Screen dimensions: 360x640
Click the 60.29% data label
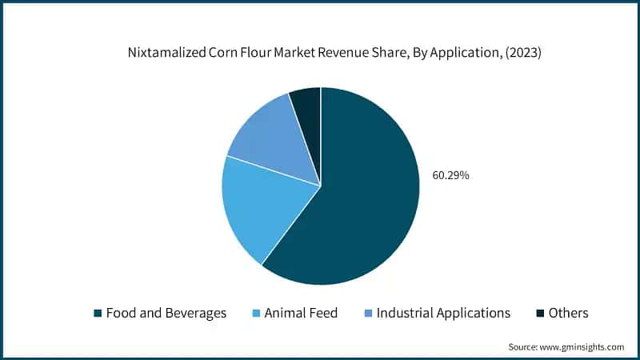click(x=450, y=174)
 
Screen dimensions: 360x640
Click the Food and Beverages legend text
click(x=166, y=313)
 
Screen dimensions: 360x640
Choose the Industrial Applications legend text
click(x=442, y=313)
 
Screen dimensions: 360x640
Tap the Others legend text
click(x=569, y=313)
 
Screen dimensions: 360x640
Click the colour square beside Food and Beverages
click(x=98, y=314)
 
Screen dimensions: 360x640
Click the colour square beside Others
click(x=540, y=314)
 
